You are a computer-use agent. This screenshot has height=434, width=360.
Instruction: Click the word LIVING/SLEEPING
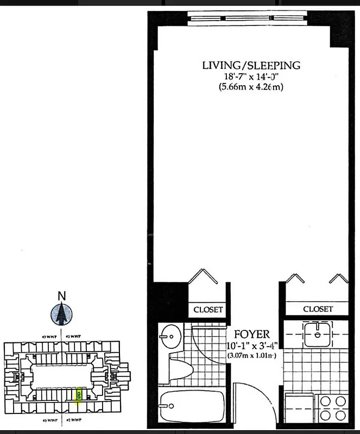[x=251, y=66]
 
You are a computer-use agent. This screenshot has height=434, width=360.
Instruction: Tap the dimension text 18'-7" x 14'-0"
[x=251, y=76]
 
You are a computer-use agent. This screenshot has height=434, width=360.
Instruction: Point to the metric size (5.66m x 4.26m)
[x=251, y=87]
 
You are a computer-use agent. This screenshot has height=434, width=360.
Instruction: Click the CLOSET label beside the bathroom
[x=209, y=310]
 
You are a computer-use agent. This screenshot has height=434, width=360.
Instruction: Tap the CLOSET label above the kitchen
[x=318, y=309]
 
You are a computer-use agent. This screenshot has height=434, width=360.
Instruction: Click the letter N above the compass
[x=62, y=296]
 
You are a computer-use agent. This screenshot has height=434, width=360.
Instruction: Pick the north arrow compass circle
[x=62, y=314]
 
